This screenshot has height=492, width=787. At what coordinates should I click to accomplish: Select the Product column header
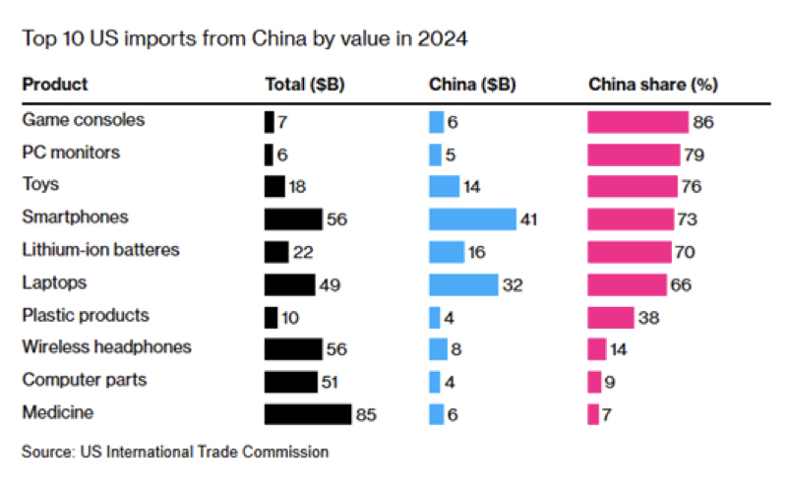pyautogui.click(x=54, y=85)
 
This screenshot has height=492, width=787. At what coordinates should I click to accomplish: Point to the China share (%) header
pyautogui.click(x=652, y=85)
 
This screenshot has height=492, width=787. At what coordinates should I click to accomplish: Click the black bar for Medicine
pyautogui.click(x=308, y=414)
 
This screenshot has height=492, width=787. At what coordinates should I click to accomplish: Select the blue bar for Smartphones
pyautogui.click(x=472, y=219)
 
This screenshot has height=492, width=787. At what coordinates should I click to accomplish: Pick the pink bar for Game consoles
pyautogui.click(x=637, y=122)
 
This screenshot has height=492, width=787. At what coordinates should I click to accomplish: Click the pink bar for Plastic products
pyautogui.click(x=611, y=317)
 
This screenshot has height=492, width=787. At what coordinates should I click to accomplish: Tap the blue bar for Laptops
pyautogui.click(x=463, y=284)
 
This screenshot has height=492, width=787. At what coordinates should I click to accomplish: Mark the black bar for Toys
pyautogui.click(x=274, y=187)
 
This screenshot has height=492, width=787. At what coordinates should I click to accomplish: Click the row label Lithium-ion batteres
pyautogui.click(x=100, y=250)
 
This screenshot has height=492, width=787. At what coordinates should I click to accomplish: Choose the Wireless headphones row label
pyautogui.click(x=106, y=347)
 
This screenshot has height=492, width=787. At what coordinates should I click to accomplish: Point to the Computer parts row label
pyautogui.click(x=85, y=380)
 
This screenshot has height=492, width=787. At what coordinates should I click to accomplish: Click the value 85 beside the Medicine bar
pyautogui.click(x=366, y=415)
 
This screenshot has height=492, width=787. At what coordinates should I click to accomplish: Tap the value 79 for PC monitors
pyautogui.click(x=696, y=154)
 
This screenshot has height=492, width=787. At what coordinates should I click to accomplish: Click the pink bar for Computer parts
pyautogui.click(x=594, y=382)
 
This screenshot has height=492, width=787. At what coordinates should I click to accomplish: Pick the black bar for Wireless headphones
pyautogui.click(x=293, y=349)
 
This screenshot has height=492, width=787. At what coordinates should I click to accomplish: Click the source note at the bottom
pyautogui.click(x=175, y=454)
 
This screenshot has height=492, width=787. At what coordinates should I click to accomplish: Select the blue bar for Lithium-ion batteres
pyautogui.click(x=447, y=252)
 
